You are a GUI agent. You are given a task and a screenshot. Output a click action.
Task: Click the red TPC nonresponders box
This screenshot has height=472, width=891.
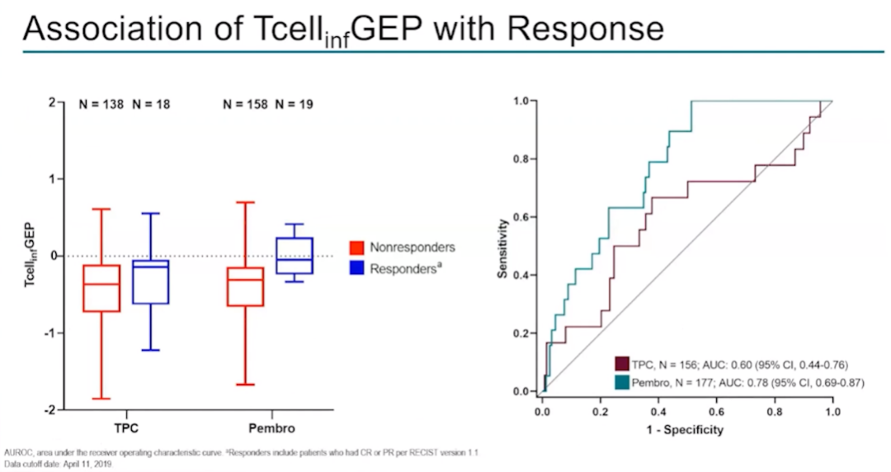[x=101, y=288]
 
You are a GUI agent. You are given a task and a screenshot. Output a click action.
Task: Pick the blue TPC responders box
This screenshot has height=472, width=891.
[x=150, y=282]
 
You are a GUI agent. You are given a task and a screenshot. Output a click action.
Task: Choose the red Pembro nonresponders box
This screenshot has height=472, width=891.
[x=246, y=286]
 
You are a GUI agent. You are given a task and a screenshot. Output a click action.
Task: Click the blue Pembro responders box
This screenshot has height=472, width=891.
[x=295, y=256]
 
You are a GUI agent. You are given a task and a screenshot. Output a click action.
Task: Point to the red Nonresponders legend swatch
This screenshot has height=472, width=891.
[x=357, y=248]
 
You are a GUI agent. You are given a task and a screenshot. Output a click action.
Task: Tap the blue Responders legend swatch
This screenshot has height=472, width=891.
[x=357, y=268]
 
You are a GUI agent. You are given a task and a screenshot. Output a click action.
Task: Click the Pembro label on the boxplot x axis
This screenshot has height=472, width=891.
[x=271, y=429]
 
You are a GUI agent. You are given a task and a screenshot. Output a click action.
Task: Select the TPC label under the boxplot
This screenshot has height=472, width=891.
[x=125, y=429]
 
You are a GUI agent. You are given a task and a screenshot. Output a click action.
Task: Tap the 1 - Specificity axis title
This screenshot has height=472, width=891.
[x=686, y=429]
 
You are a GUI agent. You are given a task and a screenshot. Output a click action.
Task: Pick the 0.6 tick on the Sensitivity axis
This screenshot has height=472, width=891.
[x=521, y=217]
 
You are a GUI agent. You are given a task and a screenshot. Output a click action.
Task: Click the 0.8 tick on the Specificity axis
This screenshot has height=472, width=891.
[x=774, y=410]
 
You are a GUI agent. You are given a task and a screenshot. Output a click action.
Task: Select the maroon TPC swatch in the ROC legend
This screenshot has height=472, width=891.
[x=622, y=364]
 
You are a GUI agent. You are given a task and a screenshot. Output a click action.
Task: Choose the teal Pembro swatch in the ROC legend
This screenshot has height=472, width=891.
[x=622, y=382]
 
